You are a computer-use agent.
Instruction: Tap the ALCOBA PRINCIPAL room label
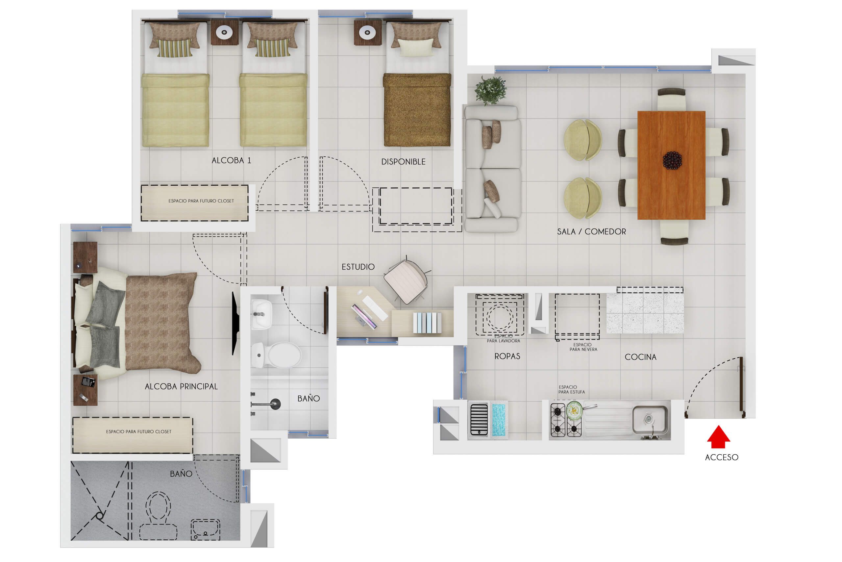point(181,387)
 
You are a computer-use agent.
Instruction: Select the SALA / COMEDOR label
point(591,231)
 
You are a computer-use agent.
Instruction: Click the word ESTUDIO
point(358,267)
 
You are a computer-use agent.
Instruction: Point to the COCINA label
point(640,357)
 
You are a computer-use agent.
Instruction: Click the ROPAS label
point(507,356)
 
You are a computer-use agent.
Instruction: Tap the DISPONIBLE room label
point(403,162)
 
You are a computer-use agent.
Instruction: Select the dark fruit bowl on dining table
point(672,160)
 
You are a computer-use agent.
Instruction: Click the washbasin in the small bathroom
point(261,314)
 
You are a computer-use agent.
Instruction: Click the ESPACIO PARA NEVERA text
point(583,347)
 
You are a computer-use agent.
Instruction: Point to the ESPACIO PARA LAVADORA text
point(503,339)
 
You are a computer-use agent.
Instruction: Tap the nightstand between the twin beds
point(224,32)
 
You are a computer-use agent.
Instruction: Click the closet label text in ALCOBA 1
point(201,201)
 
